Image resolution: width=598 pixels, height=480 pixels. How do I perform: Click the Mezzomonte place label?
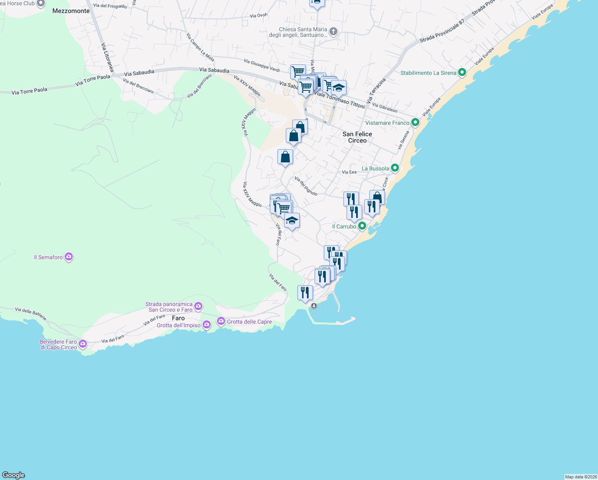tap(71, 11)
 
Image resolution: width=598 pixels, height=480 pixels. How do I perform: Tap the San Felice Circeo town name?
tap(357, 137)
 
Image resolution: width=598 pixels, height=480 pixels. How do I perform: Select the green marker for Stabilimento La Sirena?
tap(462, 72)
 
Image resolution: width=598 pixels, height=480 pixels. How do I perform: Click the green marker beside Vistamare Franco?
tap(415, 122)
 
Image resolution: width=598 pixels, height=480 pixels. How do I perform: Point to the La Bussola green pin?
tap(395, 168)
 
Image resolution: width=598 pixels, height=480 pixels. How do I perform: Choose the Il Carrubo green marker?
tap(362, 226)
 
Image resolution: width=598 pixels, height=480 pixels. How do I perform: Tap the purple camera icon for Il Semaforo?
tap(69, 257)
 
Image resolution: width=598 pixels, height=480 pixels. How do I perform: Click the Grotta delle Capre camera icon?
tap(221, 321)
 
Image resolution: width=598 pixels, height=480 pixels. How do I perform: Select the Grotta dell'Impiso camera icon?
tap(207, 325)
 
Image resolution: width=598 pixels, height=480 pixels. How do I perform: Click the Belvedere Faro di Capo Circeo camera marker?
tap(83, 344)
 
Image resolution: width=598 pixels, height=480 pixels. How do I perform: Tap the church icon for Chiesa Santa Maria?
tap(333, 32)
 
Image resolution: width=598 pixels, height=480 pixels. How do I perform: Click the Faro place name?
tap(178, 318)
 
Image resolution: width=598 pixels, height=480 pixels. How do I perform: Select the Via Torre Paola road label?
tap(30, 91)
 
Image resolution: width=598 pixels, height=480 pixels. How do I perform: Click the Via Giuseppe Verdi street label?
tap(262, 66)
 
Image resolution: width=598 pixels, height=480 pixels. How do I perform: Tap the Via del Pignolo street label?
tap(306, 186)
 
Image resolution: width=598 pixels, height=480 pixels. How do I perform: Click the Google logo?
tap(14, 475)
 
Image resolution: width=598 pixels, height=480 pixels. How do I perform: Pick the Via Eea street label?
tap(349, 172)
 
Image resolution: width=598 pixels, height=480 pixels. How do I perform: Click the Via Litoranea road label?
tap(108, 58)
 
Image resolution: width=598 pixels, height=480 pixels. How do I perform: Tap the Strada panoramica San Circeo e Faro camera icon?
tap(198, 306)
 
